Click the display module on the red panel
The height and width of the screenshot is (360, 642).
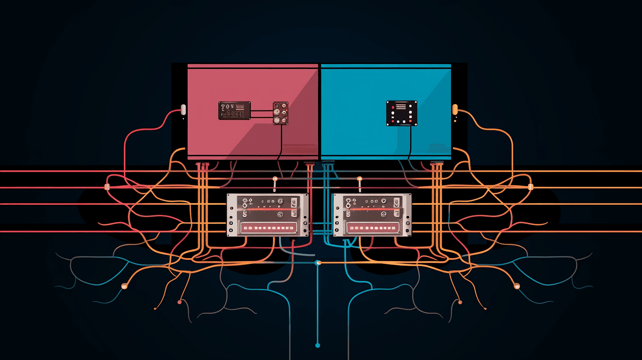coord(235,111)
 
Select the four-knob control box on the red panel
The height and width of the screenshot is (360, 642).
coord(280,113)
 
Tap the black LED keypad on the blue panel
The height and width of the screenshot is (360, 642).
coord(402,113)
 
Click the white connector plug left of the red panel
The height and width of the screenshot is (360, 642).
coord(183,109)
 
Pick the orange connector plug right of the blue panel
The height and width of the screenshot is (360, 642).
coord(455,109)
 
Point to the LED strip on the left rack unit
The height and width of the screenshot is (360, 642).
coord(268,228)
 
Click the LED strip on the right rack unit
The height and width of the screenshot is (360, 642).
coord(373,228)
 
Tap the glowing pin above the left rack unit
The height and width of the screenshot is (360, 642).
coord(275,179)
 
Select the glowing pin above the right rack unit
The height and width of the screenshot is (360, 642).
coord(359,179)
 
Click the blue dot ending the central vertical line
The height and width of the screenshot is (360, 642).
coord(317,345)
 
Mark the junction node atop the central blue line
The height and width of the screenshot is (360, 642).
coord(317,263)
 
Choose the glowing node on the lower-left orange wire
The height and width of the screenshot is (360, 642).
coord(124,286)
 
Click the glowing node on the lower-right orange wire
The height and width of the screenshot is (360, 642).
coord(517,286)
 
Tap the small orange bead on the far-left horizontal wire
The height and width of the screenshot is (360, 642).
coord(107,187)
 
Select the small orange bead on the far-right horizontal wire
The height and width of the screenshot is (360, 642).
coord(530,187)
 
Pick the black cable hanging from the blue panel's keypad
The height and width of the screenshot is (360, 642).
coord(410,141)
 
